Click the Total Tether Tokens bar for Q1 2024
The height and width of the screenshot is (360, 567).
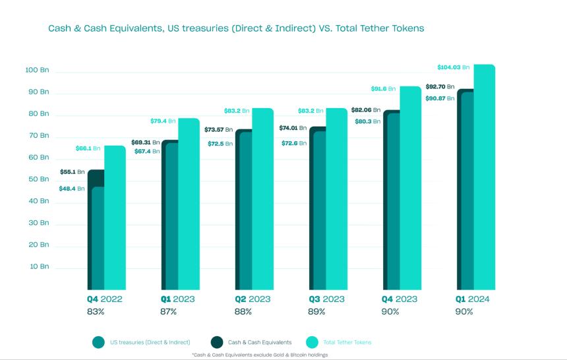coord(485,178)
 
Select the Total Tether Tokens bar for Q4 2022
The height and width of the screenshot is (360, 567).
coord(115,218)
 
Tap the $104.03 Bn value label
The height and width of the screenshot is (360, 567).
coord(453,67)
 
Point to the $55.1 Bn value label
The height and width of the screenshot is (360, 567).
coord(73,171)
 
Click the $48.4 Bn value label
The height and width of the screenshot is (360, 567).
coord(72,189)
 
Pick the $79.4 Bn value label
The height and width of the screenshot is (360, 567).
coord(162,121)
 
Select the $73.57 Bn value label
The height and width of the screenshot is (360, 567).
coord(219,129)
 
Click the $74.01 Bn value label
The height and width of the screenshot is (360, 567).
coord(293,128)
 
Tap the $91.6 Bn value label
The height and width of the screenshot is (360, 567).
coord(383,88)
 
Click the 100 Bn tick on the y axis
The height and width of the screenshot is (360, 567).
coord(37,70)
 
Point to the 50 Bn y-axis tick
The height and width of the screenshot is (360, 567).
coord(38,179)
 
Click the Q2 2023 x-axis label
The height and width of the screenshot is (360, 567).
coord(252,299)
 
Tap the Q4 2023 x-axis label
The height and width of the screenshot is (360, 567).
coord(400,299)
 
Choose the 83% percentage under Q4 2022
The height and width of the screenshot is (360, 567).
coord(96,311)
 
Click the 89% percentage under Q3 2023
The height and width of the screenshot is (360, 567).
coord(317,311)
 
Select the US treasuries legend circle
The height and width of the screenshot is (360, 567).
coord(99,342)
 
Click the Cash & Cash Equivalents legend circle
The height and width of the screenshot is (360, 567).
coord(217,342)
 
